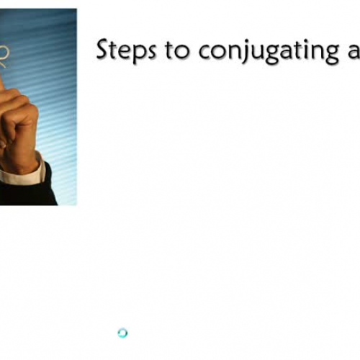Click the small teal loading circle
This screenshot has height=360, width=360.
122,333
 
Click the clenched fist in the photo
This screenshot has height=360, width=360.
18,122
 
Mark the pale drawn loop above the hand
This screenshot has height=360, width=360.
4,54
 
